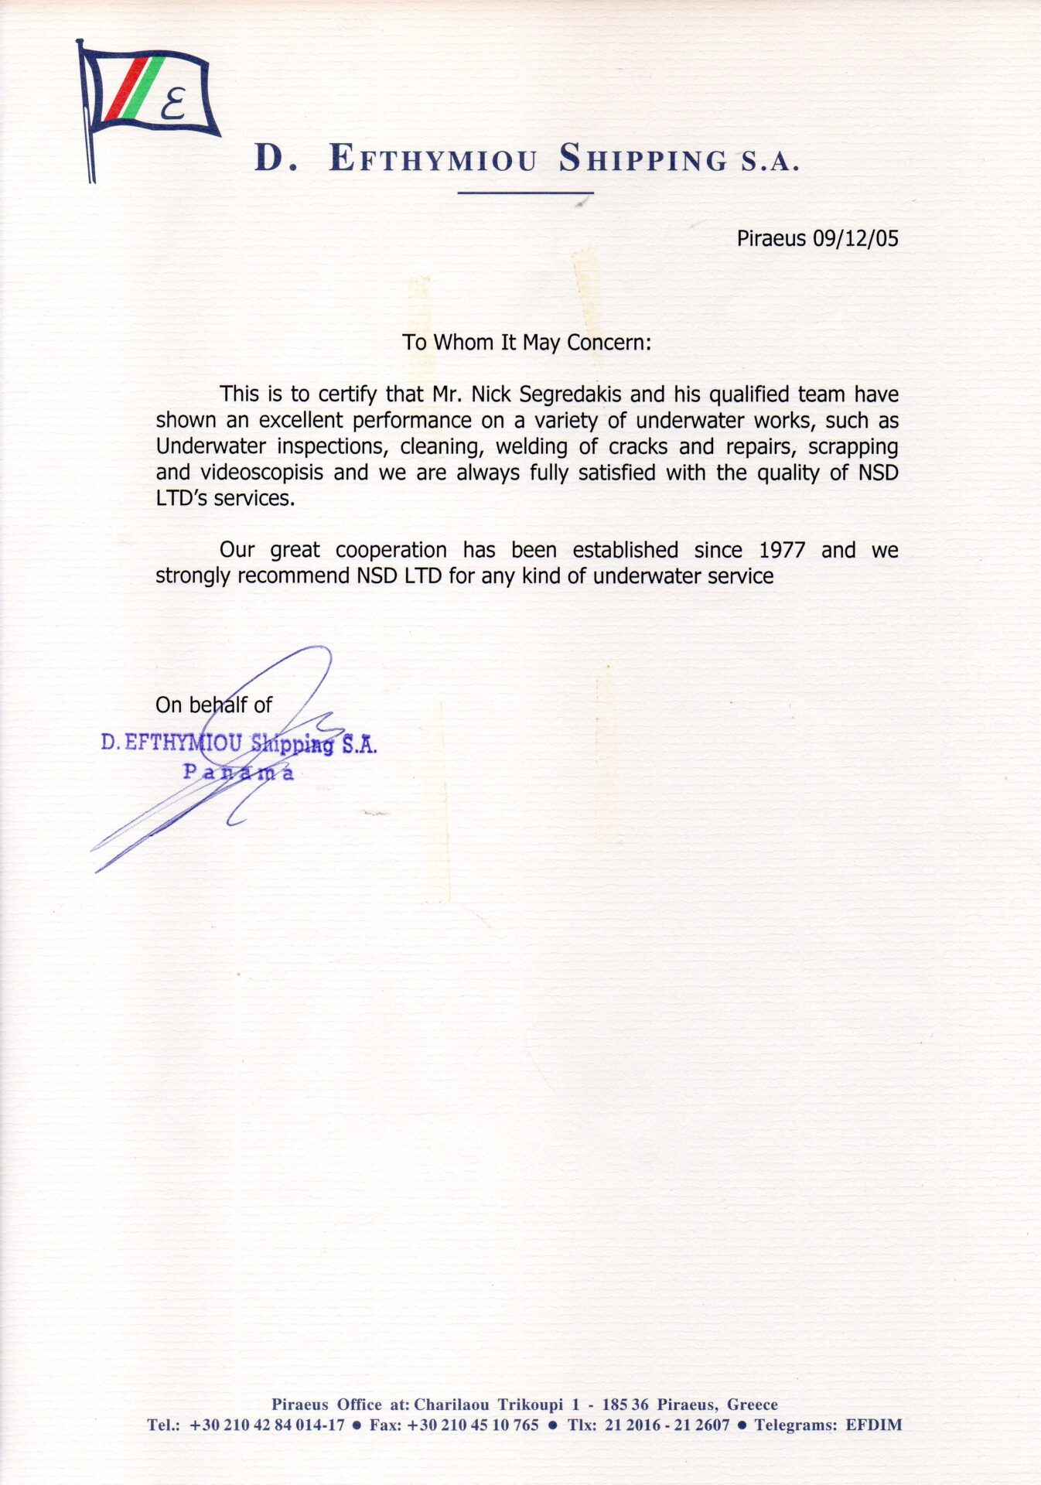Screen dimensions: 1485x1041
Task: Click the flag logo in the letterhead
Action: (x=147, y=101)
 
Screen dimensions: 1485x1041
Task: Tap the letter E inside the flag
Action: (x=175, y=104)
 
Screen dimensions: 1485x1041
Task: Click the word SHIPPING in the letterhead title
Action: (x=643, y=159)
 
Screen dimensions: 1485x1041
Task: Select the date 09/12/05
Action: (x=855, y=238)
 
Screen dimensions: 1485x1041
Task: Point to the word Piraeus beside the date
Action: (x=771, y=239)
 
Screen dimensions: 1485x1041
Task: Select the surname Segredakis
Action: (x=570, y=394)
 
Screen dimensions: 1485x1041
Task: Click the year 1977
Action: (x=782, y=550)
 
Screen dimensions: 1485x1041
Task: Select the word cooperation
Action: (x=391, y=550)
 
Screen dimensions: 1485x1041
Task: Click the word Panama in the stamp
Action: (x=237, y=772)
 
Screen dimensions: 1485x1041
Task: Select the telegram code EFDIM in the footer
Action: (x=873, y=1425)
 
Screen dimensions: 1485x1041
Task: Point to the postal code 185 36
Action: (x=625, y=1405)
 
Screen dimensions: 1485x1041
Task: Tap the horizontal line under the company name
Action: (x=525, y=193)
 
